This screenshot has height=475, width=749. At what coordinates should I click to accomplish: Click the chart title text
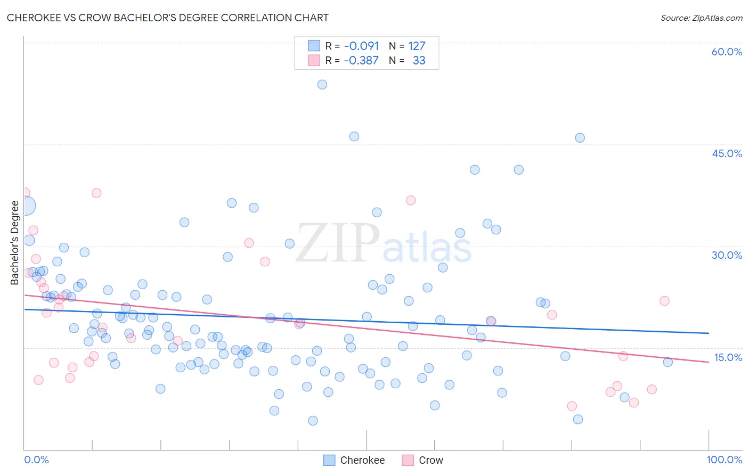coord(167,18)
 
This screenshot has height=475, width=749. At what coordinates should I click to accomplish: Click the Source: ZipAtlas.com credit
coord(701,18)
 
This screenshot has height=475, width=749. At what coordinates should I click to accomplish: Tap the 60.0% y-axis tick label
coord(727,52)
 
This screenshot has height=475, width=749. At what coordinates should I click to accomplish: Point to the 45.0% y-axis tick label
coord(727,153)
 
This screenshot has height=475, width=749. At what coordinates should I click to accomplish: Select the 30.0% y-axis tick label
coord(727,255)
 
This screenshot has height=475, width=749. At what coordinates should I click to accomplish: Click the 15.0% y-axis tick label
coord(728,357)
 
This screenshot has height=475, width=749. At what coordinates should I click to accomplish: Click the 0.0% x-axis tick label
coord(36,460)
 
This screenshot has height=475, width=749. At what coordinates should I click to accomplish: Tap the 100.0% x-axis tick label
coord(724,460)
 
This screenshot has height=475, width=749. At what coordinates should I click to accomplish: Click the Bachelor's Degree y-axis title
coord(15,243)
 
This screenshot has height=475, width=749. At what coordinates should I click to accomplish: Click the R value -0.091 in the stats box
coord(361,46)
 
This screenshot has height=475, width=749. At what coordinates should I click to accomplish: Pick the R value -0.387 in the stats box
coord(361,60)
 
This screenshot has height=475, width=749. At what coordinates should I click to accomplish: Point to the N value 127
coord(417,46)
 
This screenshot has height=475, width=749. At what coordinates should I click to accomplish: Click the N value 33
coord(419,60)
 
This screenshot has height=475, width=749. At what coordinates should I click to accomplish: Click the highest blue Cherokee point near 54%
coord(322,85)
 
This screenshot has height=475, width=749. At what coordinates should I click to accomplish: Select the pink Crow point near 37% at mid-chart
coord(411,200)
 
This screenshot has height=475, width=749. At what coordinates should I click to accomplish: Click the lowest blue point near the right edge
coord(578,419)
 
